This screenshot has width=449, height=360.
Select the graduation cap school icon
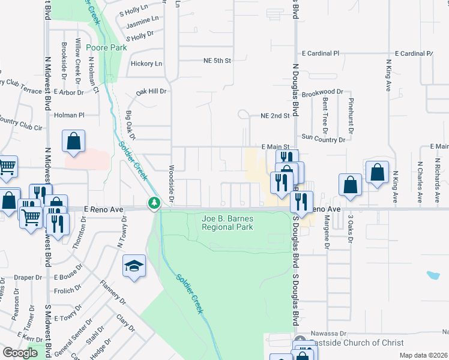pyautogui.click(x=134, y=266)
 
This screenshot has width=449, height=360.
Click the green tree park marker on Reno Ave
pyautogui.click(x=154, y=203)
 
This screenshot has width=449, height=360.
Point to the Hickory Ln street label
pyautogui.click(x=146, y=64)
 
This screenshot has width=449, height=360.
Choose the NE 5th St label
pyautogui.click(x=217, y=61)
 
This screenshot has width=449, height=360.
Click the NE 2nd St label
pyautogui.click(x=275, y=116)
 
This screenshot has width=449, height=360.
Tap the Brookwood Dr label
pyautogui.click(x=322, y=92)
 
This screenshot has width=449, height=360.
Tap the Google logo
pyautogui.click(x=20, y=353)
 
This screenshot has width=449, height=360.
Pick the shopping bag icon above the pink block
pyautogui.click(x=73, y=142)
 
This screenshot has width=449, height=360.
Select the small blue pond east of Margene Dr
pyautogui.click(x=433, y=276)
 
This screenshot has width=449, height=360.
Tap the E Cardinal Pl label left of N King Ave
pyautogui.click(x=321, y=53)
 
